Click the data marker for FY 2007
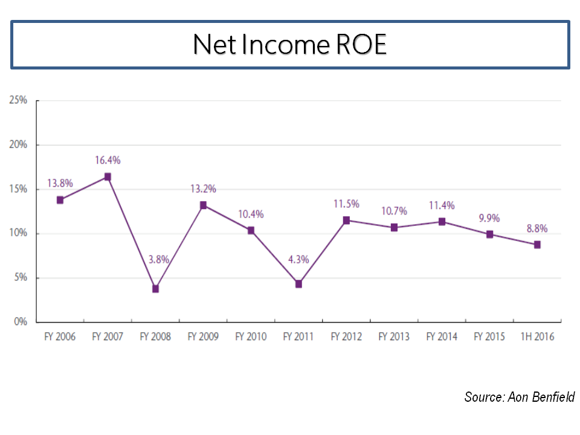click(x=108, y=177)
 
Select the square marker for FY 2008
click(x=155, y=289)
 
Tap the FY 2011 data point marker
click(x=298, y=284)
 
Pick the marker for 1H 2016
click(x=536, y=245)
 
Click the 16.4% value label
click(x=108, y=160)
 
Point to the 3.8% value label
click(x=156, y=260)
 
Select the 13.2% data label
click(x=203, y=188)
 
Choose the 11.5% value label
click(x=346, y=204)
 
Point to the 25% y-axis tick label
click(x=18, y=100)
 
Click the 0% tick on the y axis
click(x=21, y=322)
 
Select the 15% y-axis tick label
click(x=18, y=189)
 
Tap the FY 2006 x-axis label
click(x=60, y=337)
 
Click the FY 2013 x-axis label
click(x=394, y=337)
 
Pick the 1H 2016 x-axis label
click(x=536, y=337)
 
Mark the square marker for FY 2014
click(x=442, y=222)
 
